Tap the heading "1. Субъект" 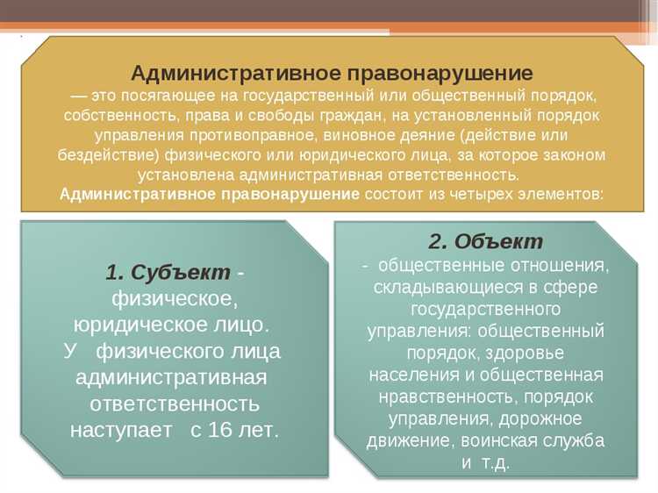[x=168, y=272]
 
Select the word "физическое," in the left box [x=175, y=298]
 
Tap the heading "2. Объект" [x=485, y=242]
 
